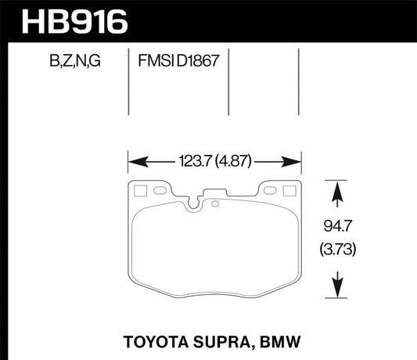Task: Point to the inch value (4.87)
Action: point(238,162)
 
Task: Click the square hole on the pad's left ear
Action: point(142,189)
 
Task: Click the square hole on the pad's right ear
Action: point(289,189)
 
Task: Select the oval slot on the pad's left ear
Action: point(162,189)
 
